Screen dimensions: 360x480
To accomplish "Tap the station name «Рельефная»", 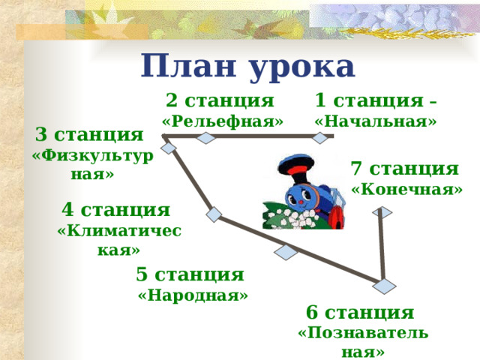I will tap(223, 121).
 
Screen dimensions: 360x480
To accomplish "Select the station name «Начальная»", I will tap(376, 121).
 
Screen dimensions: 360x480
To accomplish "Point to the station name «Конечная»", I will tap(406, 190).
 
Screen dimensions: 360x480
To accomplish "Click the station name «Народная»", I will tap(193, 295).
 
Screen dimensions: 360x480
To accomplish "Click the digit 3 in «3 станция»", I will tap(42, 135).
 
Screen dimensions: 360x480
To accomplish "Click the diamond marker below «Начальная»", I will tap(321, 137).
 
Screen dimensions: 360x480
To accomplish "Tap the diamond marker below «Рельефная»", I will tap(206, 137).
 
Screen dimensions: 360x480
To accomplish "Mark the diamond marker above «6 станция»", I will tap(384, 286).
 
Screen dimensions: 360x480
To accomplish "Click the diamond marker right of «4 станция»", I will tap(214, 215).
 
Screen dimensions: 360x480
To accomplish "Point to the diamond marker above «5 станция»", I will tap(286, 252).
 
